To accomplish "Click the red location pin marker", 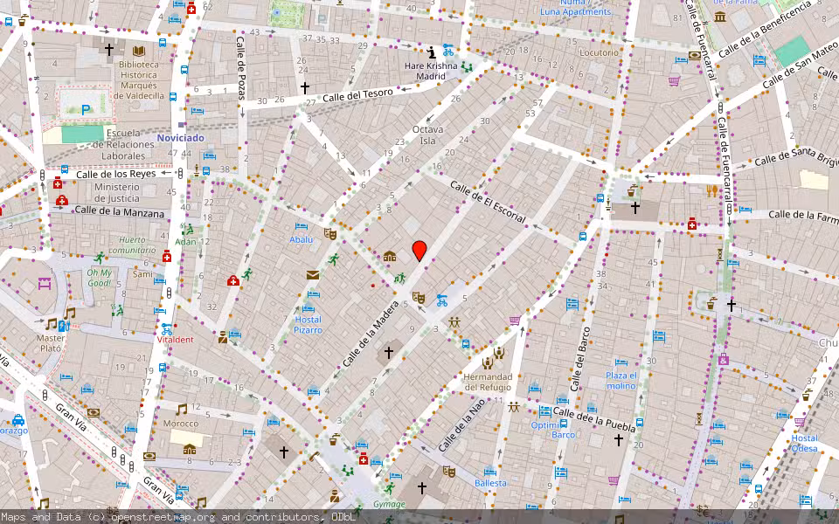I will point(419,252).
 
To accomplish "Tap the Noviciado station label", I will point(181,138).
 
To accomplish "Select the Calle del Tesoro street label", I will point(358,93).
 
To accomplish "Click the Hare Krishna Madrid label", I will point(431,71).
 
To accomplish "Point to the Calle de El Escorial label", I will point(488,202).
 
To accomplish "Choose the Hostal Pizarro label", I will point(308,325).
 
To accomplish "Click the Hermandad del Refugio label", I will point(488,382).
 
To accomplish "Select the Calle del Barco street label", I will point(579,358).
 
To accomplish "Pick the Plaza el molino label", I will point(621,380).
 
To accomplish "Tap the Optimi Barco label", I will point(552,430).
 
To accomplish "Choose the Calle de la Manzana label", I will point(119,212).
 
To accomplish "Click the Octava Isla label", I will point(427,134).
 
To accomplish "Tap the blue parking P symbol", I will point(86,110).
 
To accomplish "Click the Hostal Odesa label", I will point(805,443).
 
